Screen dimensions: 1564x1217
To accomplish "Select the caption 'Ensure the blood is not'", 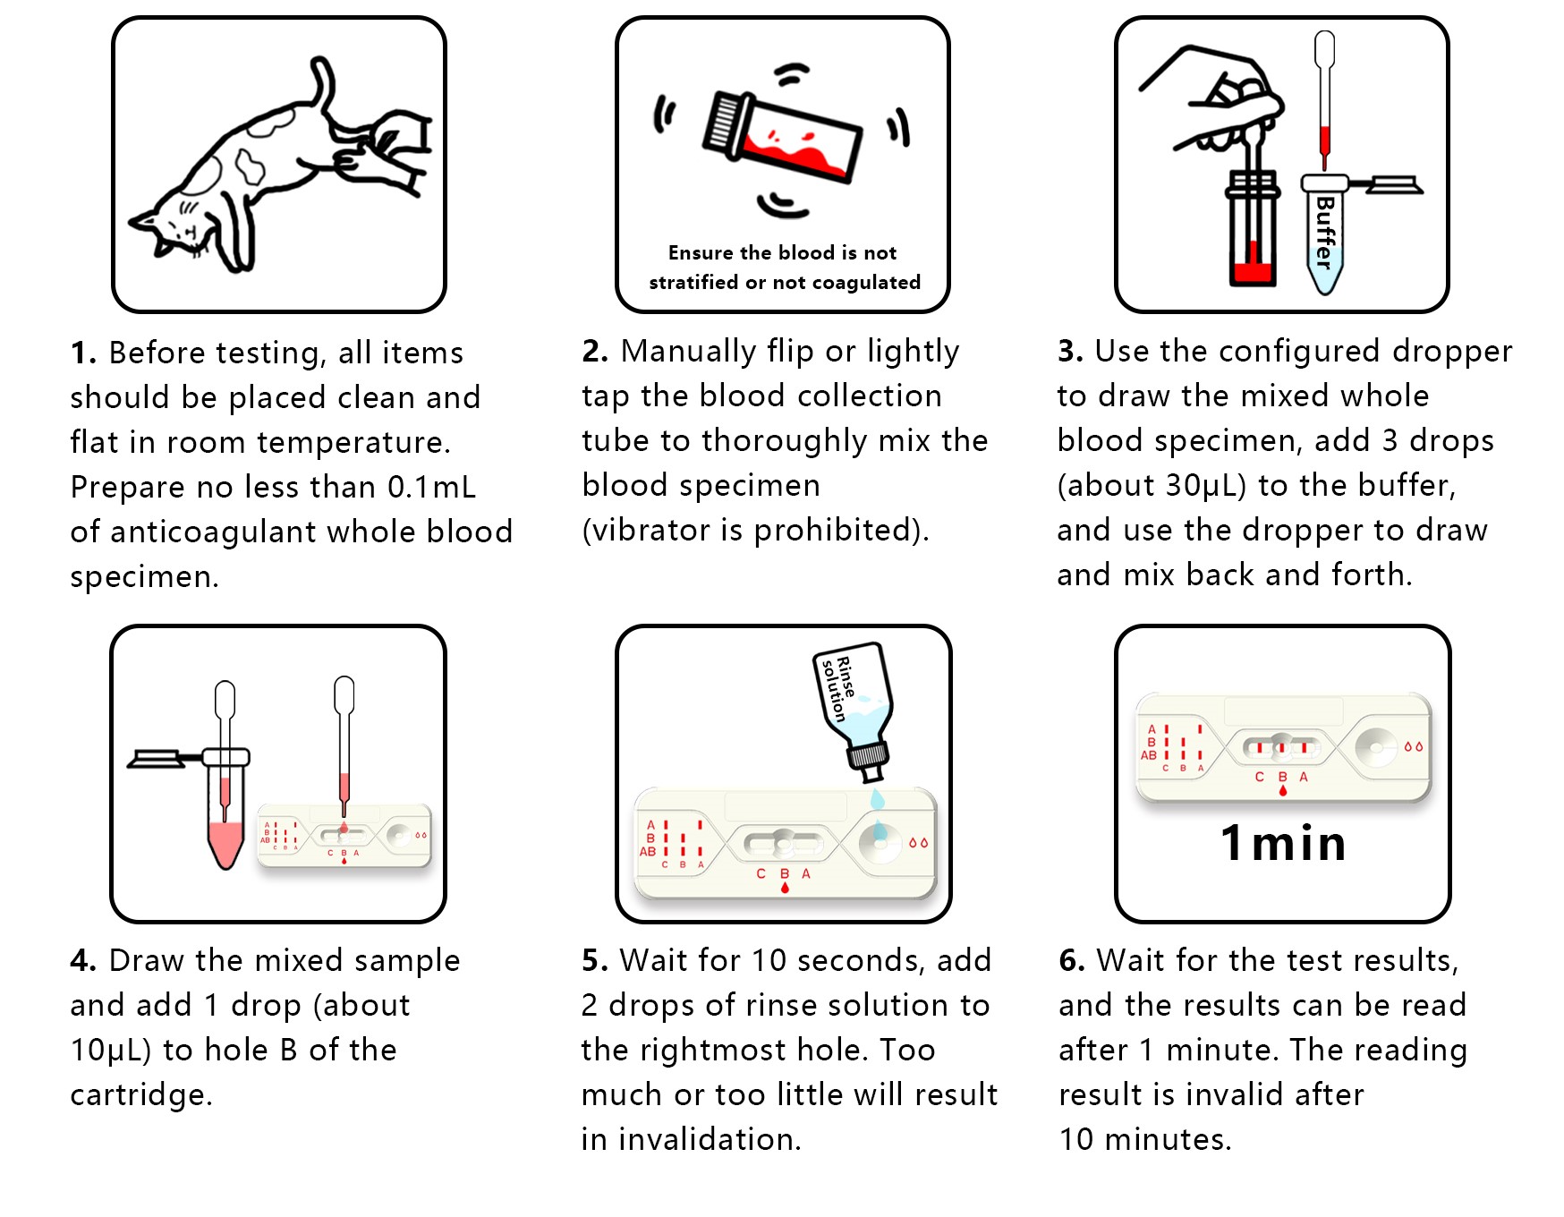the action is coord(782,253).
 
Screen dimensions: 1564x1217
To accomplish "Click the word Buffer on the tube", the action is coord(1325,232).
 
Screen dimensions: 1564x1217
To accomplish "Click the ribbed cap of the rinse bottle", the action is coord(867,756).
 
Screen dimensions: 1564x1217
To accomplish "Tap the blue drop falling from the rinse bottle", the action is coord(877,797).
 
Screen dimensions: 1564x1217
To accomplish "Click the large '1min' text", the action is coord(1283,844).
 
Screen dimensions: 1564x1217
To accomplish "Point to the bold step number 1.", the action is coord(83,353).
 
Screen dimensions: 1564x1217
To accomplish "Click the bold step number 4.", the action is coord(83,960).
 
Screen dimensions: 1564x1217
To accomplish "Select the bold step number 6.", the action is coord(1072,960).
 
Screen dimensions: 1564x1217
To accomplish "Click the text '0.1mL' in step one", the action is coord(431,487).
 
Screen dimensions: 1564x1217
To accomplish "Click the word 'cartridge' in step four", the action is coord(139,1095).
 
